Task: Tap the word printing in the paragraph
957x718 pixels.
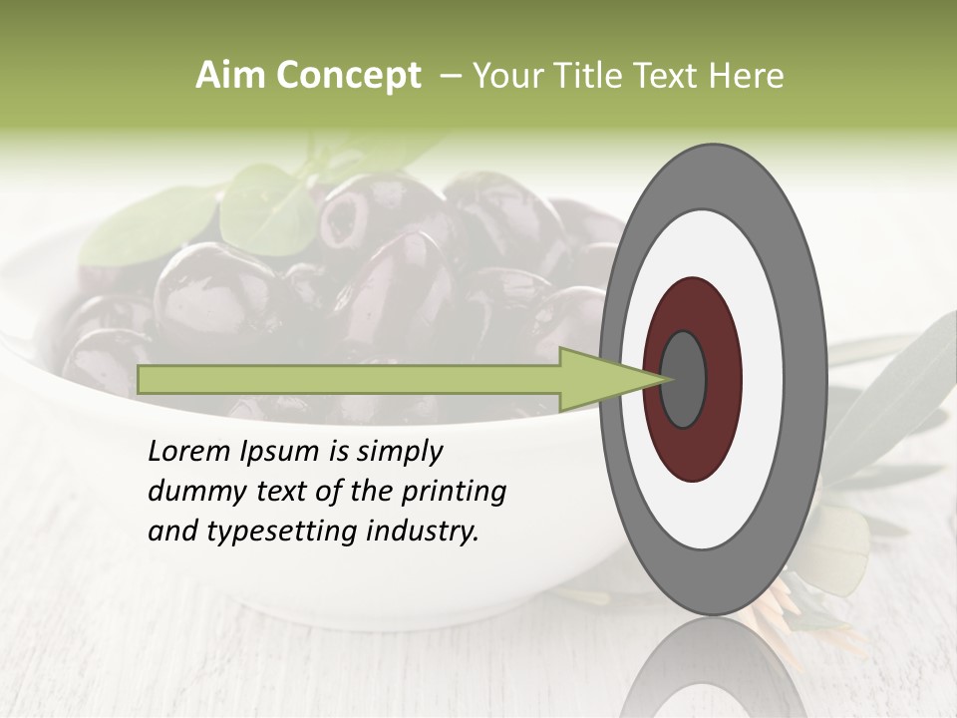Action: click(x=454, y=492)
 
